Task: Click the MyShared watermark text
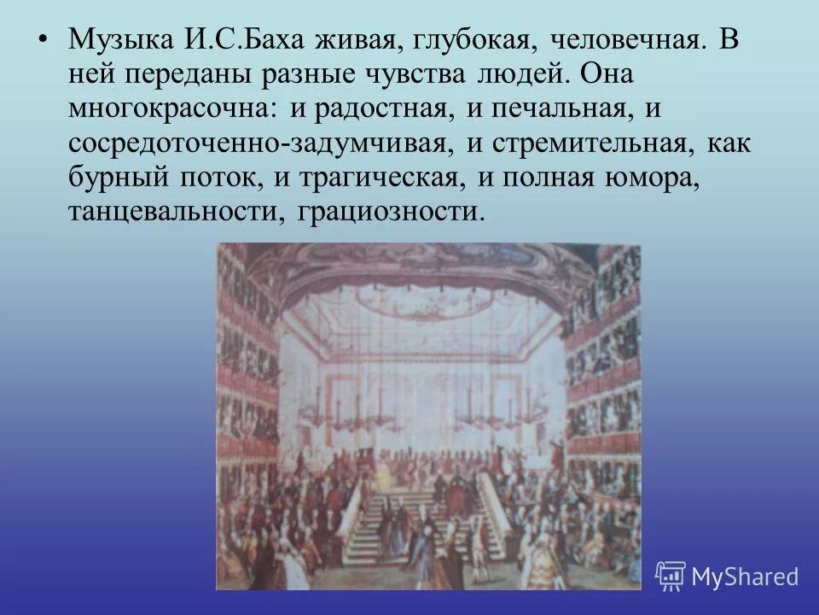click(x=745, y=576)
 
